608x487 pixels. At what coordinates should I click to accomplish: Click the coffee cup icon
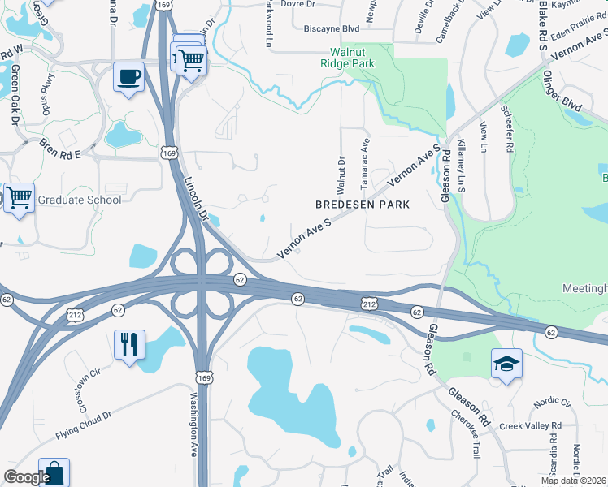pos(128,77)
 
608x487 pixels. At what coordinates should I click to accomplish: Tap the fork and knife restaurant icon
pos(129,344)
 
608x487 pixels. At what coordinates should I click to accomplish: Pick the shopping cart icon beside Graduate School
pos(19,197)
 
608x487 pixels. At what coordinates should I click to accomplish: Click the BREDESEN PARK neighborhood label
pos(362,205)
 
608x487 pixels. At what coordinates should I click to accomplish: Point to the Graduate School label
pos(80,200)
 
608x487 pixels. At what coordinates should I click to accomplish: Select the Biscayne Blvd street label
pos(331,28)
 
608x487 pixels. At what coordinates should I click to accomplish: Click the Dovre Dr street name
pos(297,4)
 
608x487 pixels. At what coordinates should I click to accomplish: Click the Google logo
pos(27,477)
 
